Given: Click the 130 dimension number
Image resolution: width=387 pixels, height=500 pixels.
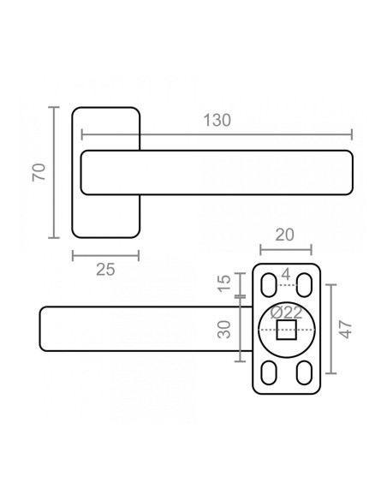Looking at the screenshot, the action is coord(217,120).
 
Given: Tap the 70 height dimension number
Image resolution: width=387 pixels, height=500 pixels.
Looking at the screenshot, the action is coord(39,172).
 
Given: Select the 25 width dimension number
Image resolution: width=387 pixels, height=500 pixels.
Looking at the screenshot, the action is coord(105,270).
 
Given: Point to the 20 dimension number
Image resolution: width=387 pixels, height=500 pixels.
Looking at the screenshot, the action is coord(284,235).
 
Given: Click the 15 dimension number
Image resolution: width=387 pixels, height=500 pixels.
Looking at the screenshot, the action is coord(224,283).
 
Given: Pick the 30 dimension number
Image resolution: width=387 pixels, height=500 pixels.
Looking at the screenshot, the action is coord(224,330).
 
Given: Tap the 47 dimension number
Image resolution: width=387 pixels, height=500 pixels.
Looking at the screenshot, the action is coord(346,329).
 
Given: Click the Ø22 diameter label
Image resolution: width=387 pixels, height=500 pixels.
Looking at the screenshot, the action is coord(286,312).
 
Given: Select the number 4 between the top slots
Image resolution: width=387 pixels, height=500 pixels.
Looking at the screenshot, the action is coord(286,274).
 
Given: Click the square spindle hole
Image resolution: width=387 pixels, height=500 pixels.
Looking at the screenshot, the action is coord(286,330).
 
